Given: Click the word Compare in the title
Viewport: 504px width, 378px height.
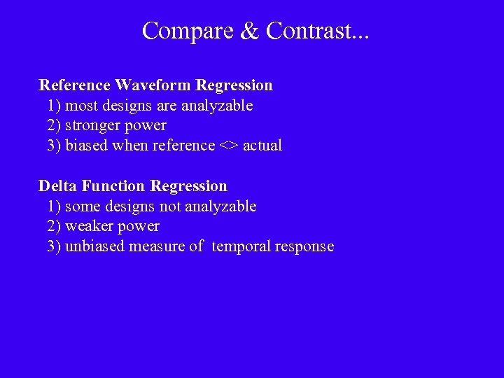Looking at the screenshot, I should (184, 31).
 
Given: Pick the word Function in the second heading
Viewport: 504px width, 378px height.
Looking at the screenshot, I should (114, 186).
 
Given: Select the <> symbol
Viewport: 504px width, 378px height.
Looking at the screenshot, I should (229, 146).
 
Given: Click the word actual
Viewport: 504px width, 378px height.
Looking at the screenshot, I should (262, 146).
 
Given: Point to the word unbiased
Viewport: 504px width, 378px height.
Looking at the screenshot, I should (94, 247).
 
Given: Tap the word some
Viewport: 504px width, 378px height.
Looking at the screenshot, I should (81, 207).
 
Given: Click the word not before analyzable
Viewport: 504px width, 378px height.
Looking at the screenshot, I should (167, 207).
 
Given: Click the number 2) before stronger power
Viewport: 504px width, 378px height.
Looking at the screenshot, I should (54, 126).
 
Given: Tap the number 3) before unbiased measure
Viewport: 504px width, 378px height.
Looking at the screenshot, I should (54, 247).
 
